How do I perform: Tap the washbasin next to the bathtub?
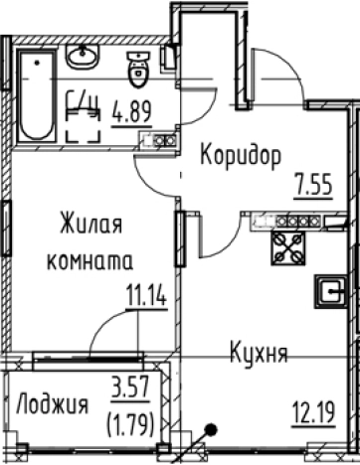coord(83,58)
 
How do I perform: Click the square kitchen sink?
coord(327,291)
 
